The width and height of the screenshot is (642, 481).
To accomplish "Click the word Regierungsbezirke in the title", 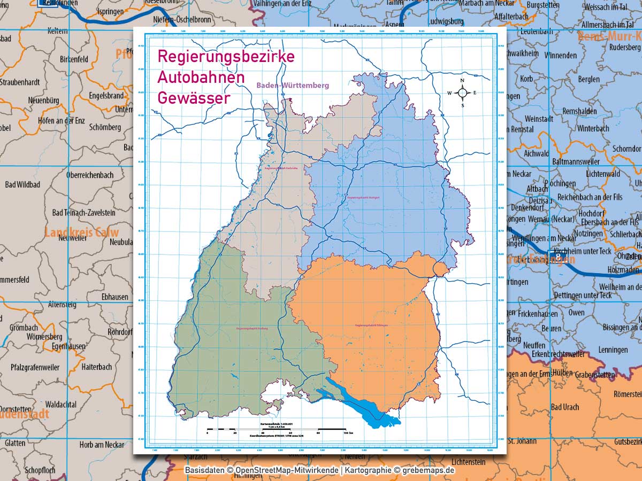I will (x=225, y=57).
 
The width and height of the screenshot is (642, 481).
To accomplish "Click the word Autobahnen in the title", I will (x=201, y=77).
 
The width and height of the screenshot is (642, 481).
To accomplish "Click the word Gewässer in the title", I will (x=193, y=98).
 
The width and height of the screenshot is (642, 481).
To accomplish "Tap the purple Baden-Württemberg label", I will (x=292, y=86).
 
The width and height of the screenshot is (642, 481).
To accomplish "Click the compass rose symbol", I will (x=463, y=93).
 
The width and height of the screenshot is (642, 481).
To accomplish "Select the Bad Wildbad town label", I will (x=22, y=185).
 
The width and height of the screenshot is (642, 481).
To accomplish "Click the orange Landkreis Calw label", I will (x=81, y=232).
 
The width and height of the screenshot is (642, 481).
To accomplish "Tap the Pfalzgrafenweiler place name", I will (x=35, y=367).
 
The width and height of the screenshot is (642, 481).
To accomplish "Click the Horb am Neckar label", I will (x=102, y=445).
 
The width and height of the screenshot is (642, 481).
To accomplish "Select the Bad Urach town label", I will (x=564, y=407).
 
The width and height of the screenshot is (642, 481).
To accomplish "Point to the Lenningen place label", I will (x=613, y=350).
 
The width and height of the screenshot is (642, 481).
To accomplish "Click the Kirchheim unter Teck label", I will (x=583, y=251).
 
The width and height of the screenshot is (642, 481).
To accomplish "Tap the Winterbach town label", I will (x=593, y=129).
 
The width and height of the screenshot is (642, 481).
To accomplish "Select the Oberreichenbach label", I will (x=89, y=175).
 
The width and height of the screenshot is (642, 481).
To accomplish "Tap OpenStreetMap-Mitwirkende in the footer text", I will (x=286, y=470).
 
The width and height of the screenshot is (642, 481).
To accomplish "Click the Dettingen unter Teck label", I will (x=583, y=295).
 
